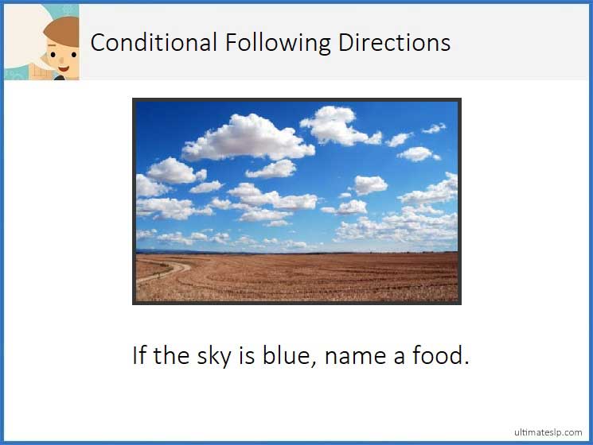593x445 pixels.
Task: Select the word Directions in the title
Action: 394,42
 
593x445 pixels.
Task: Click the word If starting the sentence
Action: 140,354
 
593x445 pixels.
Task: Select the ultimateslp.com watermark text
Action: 548,431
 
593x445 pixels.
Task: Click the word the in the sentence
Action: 171,354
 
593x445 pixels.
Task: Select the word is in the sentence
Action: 247,354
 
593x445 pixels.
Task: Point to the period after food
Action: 466,363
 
